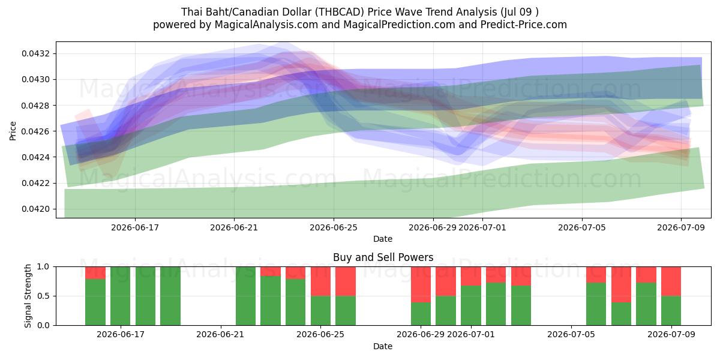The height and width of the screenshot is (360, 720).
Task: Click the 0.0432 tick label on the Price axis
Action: (36, 53)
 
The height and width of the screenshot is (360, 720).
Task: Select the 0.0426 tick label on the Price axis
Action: (36, 131)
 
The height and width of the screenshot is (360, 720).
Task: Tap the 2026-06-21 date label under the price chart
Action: (234, 227)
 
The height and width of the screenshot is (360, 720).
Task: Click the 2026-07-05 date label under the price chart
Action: (582, 227)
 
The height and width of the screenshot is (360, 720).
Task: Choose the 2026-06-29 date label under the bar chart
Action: (421, 334)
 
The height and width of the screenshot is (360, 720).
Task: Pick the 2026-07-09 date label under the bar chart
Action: (671, 334)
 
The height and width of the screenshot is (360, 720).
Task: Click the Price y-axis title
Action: (13, 131)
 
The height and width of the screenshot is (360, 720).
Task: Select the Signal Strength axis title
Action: (28, 296)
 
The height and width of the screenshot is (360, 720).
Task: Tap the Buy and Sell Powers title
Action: (383, 257)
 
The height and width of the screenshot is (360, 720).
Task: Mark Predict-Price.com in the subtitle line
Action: (524, 25)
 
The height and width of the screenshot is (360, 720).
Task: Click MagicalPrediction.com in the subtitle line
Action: (399, 25)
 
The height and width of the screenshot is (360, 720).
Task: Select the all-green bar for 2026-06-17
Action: (120, 296)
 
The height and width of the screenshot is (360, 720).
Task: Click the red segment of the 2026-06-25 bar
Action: (320, 281)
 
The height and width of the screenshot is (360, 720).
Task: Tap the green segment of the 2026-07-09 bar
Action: (671, 311)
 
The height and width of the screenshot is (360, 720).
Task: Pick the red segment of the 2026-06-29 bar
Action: (421, 284)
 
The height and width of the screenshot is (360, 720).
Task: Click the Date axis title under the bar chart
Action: (383, 346)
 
